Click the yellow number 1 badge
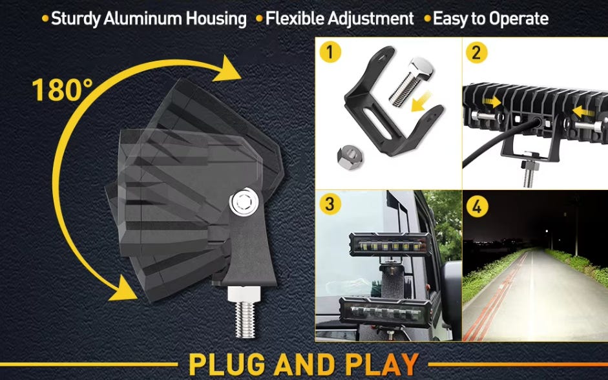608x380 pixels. click(x=330, y=52)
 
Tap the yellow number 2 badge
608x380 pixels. click(x=477, y=52)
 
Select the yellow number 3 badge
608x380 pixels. click(x=330, y=204)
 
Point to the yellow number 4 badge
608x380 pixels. click(x=477, y=206)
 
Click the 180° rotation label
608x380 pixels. click(x=63, y=90)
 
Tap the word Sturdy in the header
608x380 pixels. click(x=76, y=19)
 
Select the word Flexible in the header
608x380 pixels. click(x=294, y=19)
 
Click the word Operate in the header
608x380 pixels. click(x=519, y=19)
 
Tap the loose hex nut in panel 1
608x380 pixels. click(x=350, y=158)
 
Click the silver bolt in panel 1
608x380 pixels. click(x=411, y=81)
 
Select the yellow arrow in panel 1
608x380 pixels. click(x=421, y=100)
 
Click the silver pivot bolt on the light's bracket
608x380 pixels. click(x=244, y=202)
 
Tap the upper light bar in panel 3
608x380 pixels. click(x=390, y=244)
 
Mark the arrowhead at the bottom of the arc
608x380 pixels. click(x=123, y=288)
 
